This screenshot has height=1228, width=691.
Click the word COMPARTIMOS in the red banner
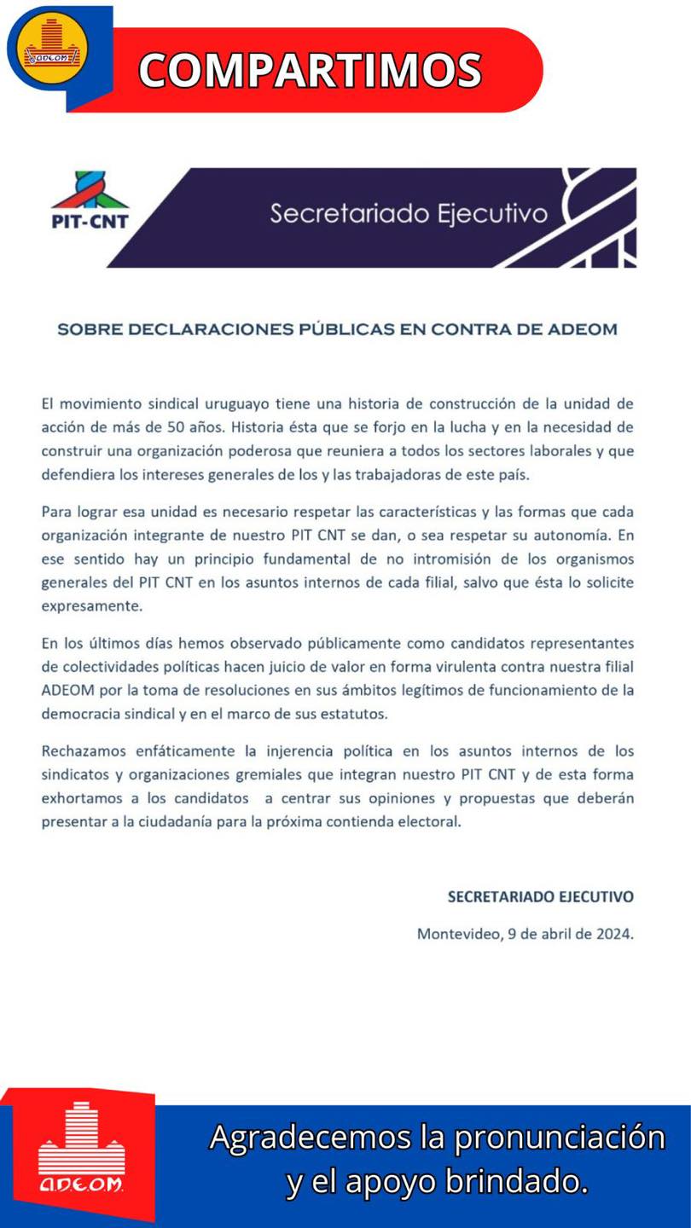coord(310,70)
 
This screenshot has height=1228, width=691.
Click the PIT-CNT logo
coord(90,203)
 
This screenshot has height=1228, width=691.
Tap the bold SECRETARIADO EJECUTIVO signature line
coord(541,896)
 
